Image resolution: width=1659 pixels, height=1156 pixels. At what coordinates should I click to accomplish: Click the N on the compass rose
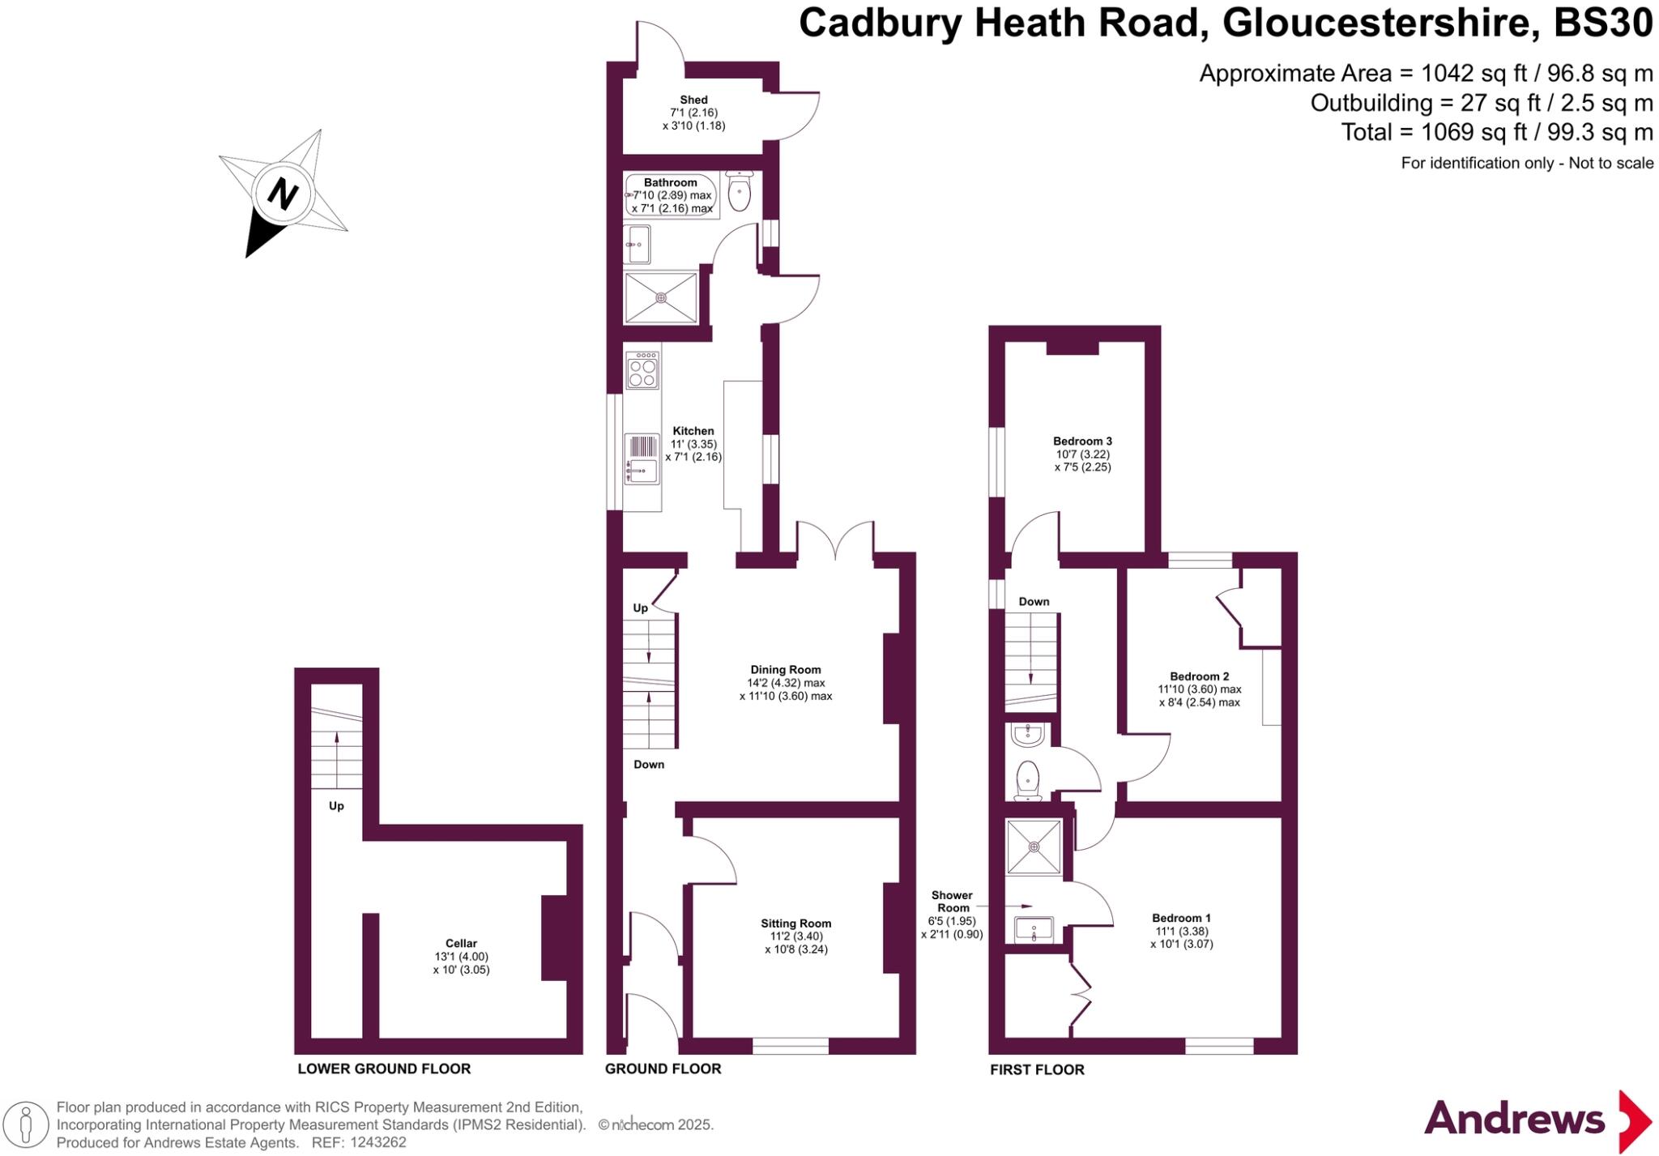click(x=283, y=194)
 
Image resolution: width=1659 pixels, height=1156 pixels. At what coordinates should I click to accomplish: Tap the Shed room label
click(x=693, y=100)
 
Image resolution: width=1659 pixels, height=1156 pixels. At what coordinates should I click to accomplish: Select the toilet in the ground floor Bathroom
click(x=740, y=191)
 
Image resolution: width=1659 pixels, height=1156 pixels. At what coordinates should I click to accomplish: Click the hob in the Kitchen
click(x=642, y=370)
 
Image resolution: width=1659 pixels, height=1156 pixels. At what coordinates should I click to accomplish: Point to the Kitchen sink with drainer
click(x=642, y=459)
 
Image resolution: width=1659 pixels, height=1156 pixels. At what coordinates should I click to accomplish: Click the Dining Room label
click(x=785, y=670)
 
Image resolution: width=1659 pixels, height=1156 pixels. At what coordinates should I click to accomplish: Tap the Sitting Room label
click(x=795, y=924)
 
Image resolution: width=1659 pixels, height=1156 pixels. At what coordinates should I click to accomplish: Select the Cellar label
click(x=461, y=943)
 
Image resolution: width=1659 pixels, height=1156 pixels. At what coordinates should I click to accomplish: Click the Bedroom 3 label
click(x=1082, y=441)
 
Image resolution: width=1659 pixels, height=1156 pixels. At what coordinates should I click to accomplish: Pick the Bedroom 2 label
click(x=1199, y=676)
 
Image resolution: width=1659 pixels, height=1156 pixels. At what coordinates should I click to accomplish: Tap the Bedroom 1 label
click(x=1181, y=918)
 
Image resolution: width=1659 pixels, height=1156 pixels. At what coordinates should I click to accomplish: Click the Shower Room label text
click(x=952, y=902)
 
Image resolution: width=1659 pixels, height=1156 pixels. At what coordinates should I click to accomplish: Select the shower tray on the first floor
click(x=1034, y=847)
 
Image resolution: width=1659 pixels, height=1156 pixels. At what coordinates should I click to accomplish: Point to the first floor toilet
click(x=1027, y=778)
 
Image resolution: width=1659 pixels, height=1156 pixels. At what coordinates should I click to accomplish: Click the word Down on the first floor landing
click(x=1034, y=602)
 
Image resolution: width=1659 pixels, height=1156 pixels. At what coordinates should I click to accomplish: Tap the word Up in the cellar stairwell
click(x=336, y=806)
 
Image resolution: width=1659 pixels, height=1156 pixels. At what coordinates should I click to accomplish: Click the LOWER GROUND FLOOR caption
click(x=384, y=1069)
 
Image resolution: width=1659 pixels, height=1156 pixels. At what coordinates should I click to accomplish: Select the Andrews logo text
click(x=1514, y=1120)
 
